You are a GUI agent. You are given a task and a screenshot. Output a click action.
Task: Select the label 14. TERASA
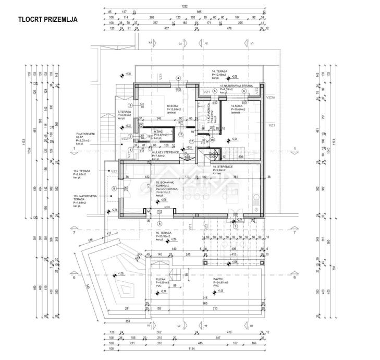[x=219, y=70]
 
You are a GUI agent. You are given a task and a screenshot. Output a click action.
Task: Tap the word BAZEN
[x=218, y=279]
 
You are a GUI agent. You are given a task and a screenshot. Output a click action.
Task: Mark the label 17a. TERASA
[x=82, y=170]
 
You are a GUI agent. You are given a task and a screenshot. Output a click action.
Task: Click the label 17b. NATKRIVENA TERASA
[x=83, y=199]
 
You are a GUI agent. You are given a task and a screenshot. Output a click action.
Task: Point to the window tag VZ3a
[x=270, y=98]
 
